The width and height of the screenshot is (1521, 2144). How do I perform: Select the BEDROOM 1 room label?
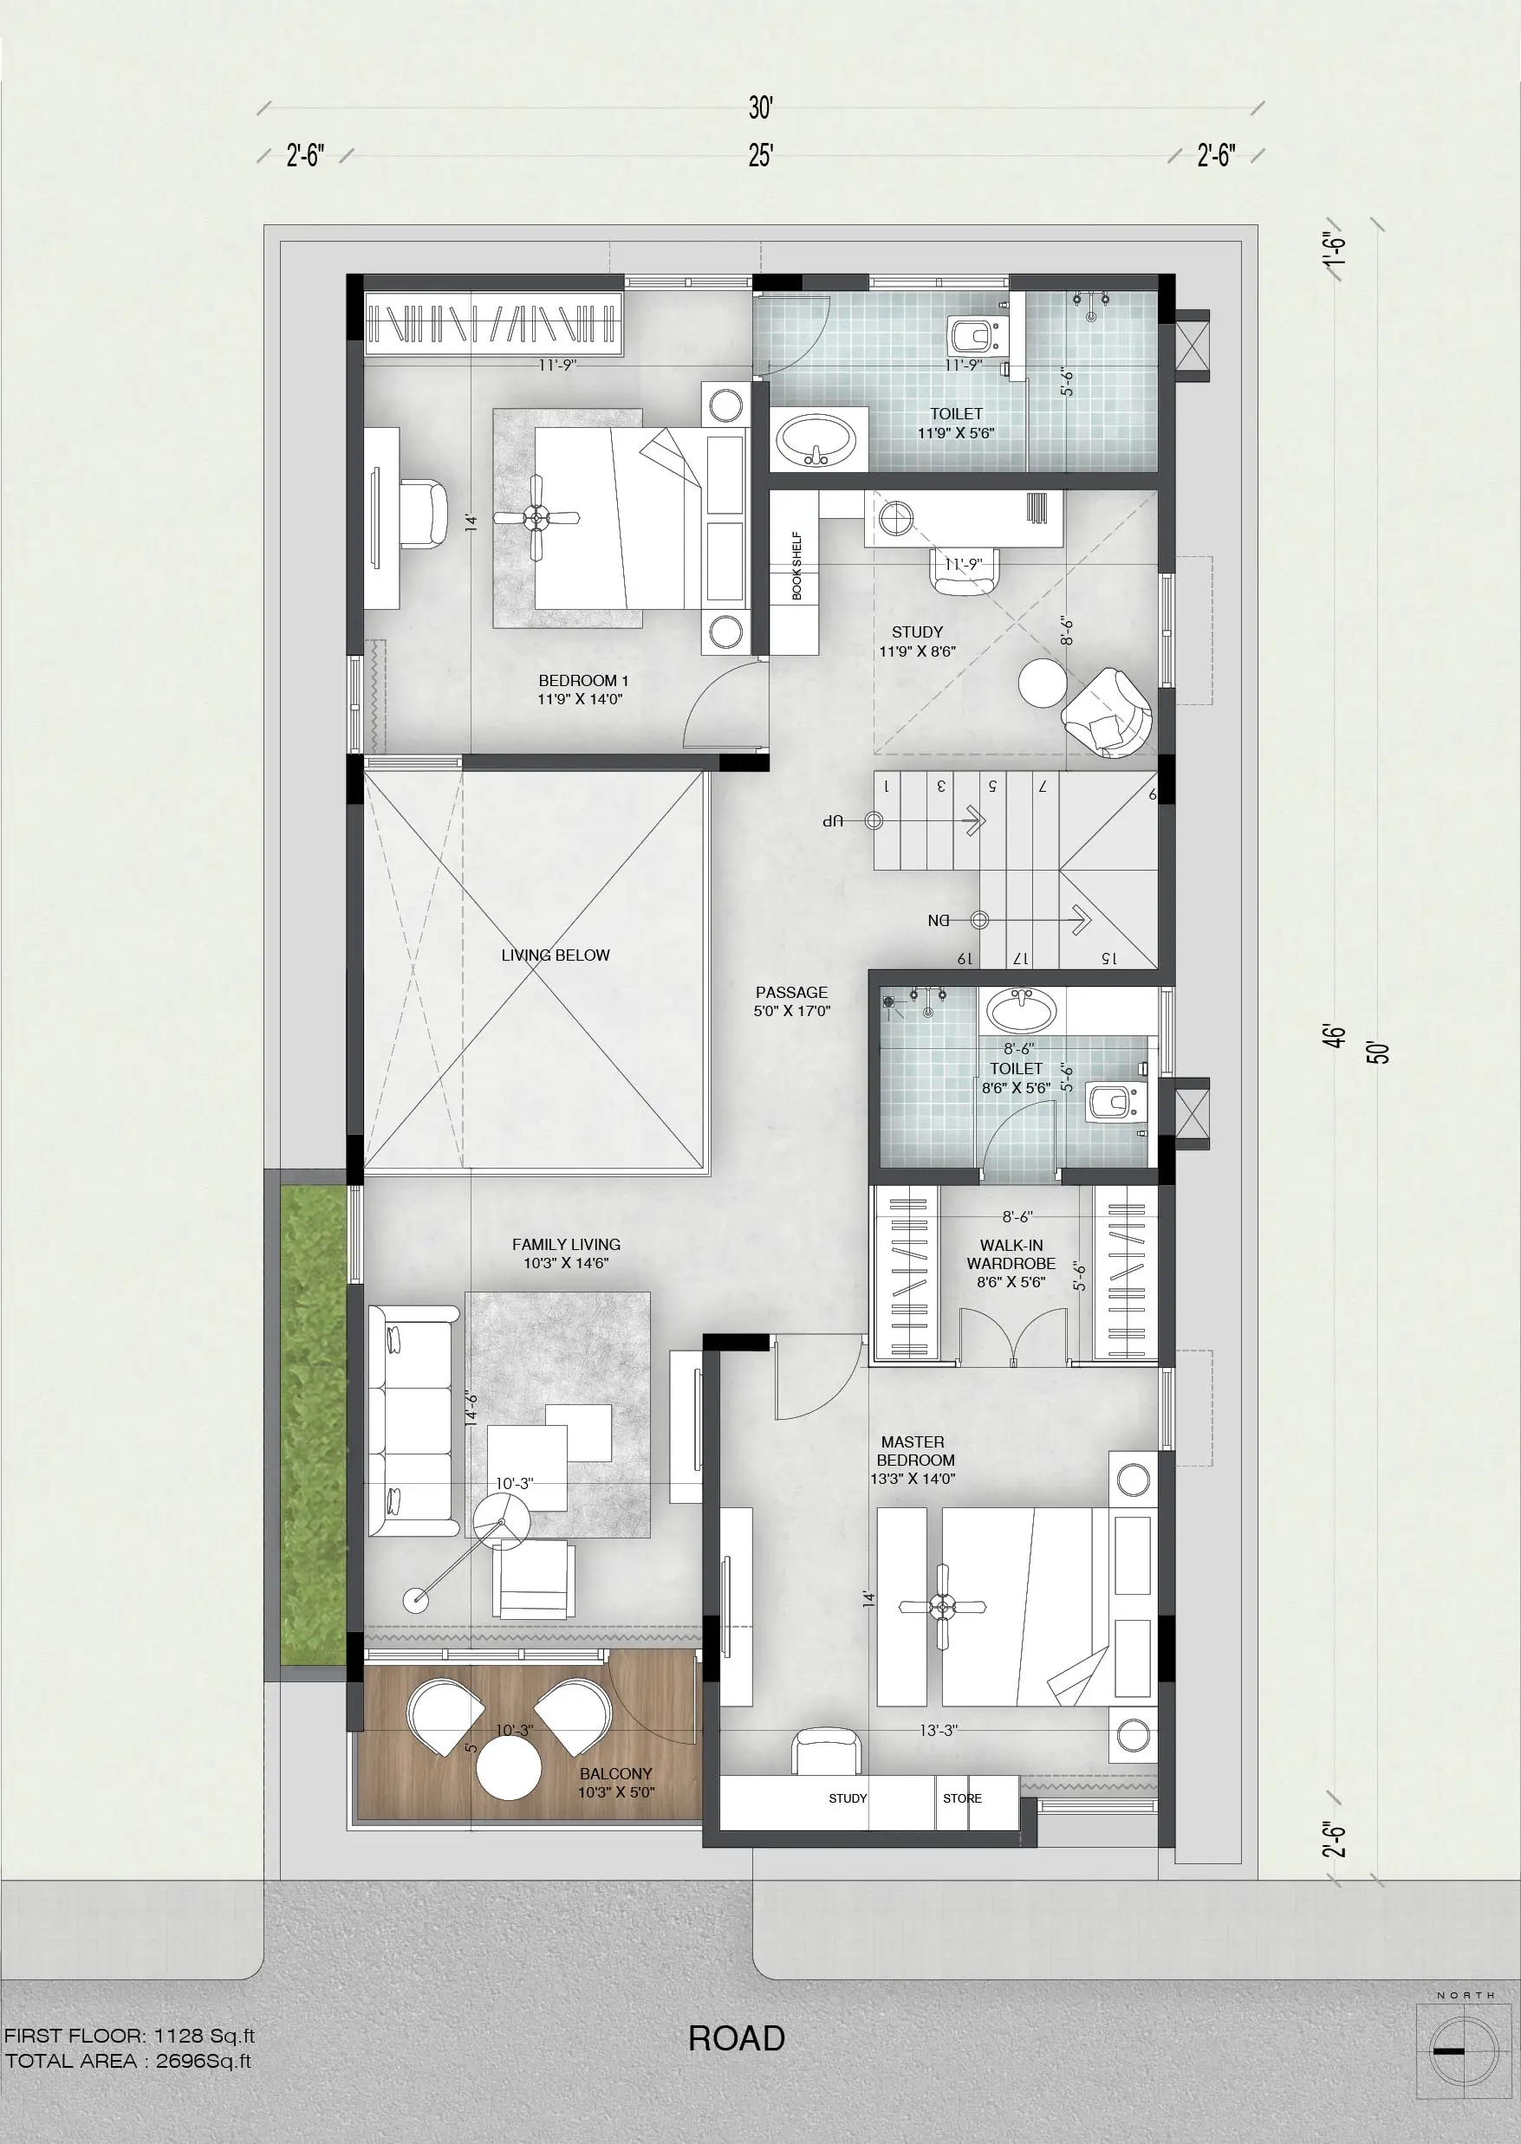pos(582,681)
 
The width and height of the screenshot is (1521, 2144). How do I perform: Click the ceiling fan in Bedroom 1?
pos(536,517)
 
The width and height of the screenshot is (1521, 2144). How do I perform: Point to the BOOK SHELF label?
pos(797,566)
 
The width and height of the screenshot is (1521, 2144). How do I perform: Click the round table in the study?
pos(1042,683)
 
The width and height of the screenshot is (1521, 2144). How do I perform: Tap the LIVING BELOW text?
pos(556,955)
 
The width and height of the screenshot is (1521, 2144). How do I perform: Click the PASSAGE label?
pos(791,993)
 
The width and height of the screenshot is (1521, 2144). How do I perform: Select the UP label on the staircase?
pos(834,821)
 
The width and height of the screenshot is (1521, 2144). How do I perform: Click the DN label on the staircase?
pos(939,920)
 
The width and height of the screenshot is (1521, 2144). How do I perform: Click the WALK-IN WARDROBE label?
pos(1011,1254)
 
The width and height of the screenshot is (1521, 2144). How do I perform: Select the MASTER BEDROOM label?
pos(914,1451)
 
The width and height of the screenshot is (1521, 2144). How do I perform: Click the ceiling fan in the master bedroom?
pos(942,1608)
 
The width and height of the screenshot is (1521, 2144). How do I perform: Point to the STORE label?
pos(963,1798)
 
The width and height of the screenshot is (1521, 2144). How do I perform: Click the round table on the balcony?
pos(509,1769)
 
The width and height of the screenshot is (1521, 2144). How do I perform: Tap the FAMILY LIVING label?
pos(566,1244)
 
